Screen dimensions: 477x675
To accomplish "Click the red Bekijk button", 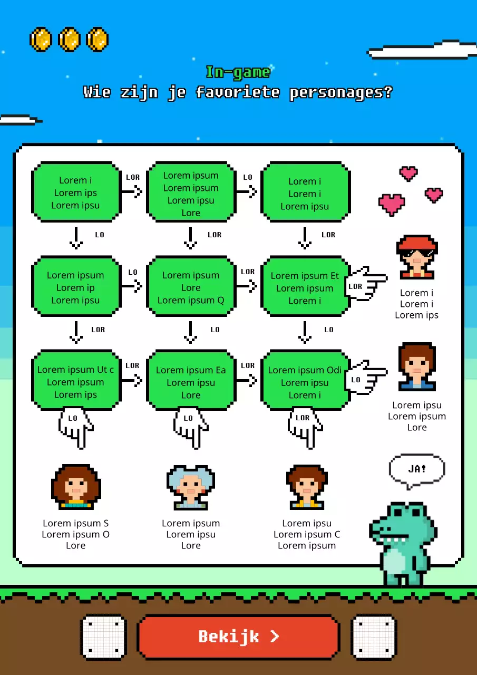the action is [238, 637].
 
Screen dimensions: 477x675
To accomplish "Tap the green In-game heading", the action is [238, 73].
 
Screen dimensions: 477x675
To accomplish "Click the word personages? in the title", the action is [341, 92].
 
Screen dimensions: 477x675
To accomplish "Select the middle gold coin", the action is [69, 40].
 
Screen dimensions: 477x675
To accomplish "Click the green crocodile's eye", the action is [397, 512].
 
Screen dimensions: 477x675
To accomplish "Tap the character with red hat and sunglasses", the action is [417, 257].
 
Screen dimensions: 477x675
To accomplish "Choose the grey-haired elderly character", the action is [191, 487].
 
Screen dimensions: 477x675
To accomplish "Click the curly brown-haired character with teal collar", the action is [76, 487].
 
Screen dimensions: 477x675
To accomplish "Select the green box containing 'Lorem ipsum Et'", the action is [305, 286].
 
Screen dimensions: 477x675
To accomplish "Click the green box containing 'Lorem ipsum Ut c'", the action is [76, 380].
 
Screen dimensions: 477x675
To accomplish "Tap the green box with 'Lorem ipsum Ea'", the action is [191, 380].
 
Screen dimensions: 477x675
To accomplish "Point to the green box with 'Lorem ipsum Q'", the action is [191, 286].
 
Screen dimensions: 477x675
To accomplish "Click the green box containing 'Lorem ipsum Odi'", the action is [305, 380].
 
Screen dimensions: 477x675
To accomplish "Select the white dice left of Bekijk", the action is [103, 637].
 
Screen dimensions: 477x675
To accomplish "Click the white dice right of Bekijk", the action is [374, 637].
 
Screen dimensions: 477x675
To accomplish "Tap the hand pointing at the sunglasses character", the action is [366, 284].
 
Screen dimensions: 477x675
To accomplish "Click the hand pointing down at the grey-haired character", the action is [191, 428].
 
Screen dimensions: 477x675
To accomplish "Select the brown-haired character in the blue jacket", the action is [417, 367].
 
